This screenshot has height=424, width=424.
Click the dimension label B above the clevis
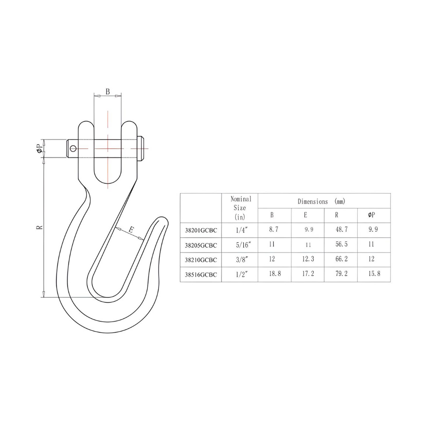(x=108, y=92)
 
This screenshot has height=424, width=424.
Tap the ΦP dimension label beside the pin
(x=40, y=149)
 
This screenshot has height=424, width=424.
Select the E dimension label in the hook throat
(x=131, y=230)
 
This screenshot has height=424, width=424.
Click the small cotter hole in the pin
(x=73, y=148)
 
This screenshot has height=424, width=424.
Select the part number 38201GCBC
(x=201, y=230)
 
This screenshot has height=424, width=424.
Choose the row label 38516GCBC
(x=201, y=275)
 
